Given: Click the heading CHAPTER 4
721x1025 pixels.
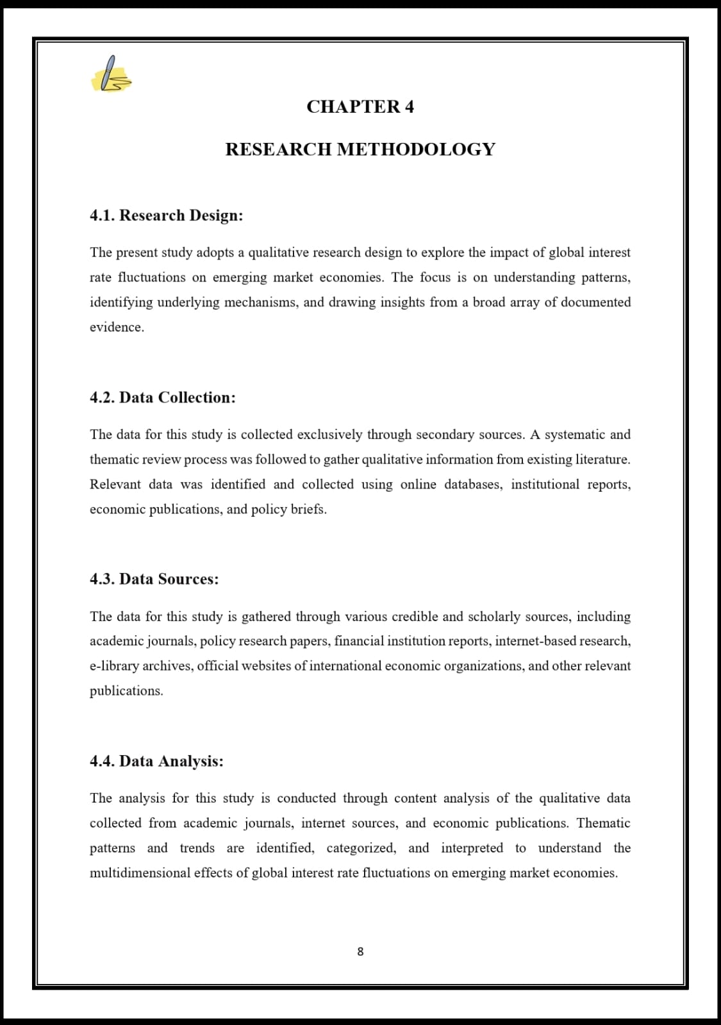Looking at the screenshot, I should [360, 106].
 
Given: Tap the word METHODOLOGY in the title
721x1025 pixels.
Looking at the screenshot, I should [416, 149].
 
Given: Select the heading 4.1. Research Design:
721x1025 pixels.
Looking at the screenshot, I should [167, 215].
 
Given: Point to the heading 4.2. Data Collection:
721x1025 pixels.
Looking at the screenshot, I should [163, 397].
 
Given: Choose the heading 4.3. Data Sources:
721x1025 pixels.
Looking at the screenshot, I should [154, 579].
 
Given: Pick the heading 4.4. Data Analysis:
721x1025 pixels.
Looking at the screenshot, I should [157, 762].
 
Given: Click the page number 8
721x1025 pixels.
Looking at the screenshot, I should [360, 952].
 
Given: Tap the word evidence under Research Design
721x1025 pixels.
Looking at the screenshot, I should [116, 327].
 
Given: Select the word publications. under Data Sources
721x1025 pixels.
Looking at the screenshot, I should [126, 691].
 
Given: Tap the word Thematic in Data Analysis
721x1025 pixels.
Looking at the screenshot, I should [603, 823].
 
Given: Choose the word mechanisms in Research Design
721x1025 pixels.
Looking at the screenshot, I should [261, 303].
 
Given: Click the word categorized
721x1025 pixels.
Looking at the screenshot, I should [361, 848].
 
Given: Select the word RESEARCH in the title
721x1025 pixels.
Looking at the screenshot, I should [278, 149].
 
